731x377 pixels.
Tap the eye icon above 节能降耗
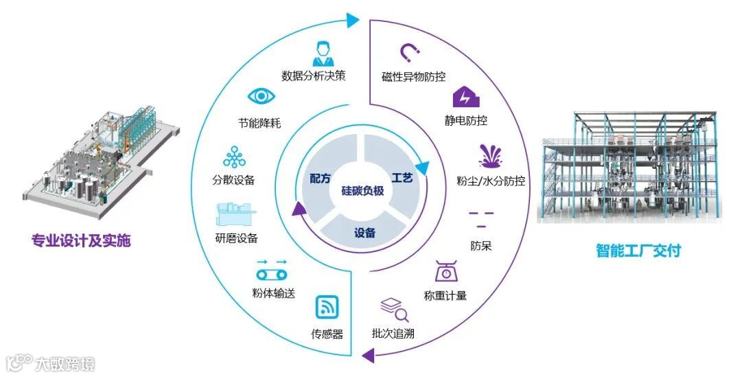click(x=261, y=97)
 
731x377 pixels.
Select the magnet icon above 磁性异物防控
click(x=410, y=52)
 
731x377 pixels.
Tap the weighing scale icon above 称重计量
click(x=446, y=271)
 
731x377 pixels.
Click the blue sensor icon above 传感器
click(x=327, y=308)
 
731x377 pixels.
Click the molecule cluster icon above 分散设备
click(x=234, y=157)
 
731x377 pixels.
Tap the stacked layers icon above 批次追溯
click(x=394, y=309)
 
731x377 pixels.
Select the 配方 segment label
click(x=321, y=178)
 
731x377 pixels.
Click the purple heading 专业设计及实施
click(x=81, y=241)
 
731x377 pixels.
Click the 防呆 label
click(x=480, y=246)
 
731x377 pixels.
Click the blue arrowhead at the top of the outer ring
click(x=352, y=20)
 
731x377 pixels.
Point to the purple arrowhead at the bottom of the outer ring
click(x=369, y=354)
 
